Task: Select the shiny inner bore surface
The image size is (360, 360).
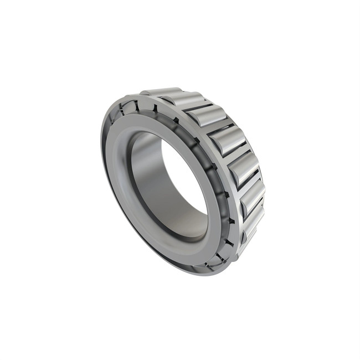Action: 150,177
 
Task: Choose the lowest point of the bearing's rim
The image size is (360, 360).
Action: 205,273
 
